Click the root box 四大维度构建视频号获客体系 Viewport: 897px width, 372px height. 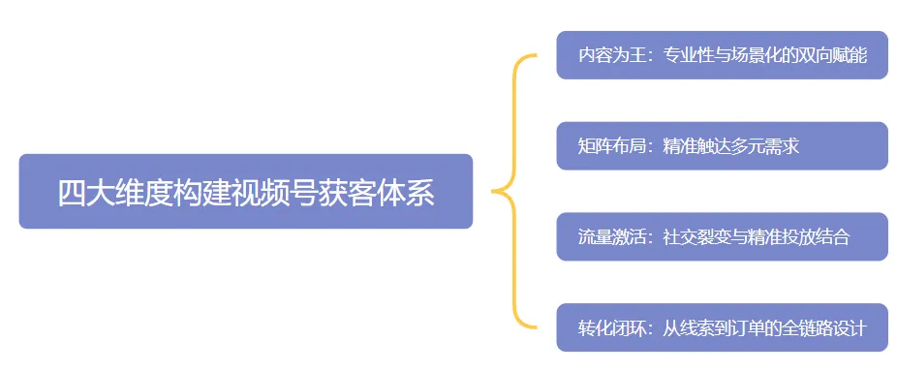click(x=246, y=192)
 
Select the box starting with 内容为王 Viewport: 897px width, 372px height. click(x=722, y=55)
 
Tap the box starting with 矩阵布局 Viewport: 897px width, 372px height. click(x=722, y=146)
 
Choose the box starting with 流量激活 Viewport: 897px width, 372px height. click(x=722, y=237)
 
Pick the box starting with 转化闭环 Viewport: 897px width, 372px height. click(x=722, y=328)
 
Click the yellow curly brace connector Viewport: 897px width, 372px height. click(x=513, y=192)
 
